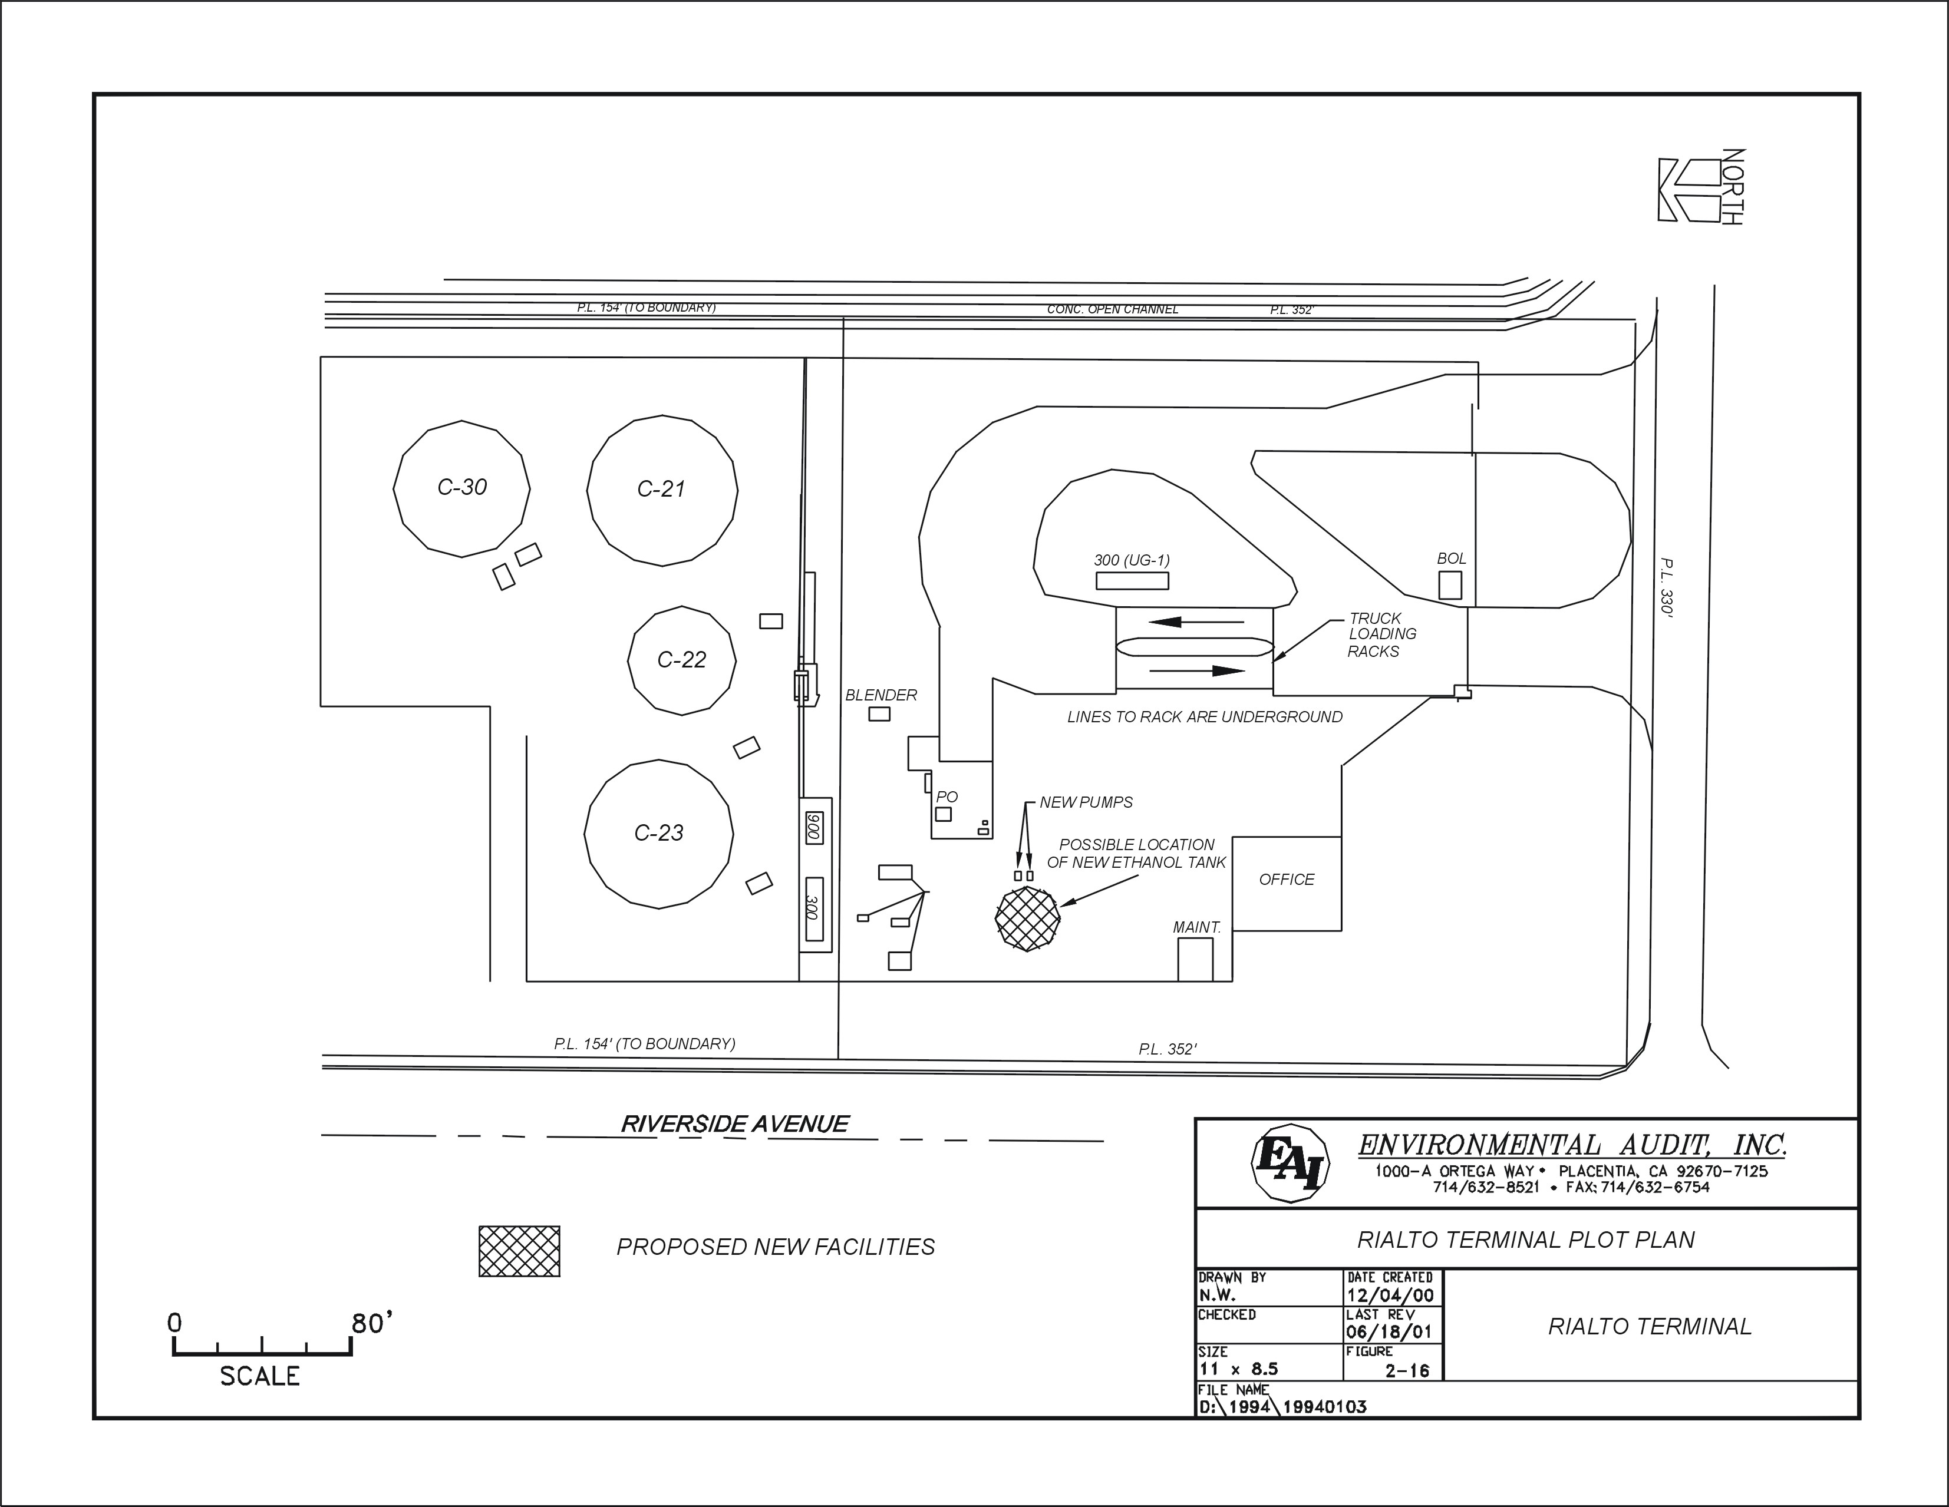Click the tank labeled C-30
click(462, 489)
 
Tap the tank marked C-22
click(682, 660)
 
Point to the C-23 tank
click(658, 834)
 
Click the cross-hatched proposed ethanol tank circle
click(1027, 919)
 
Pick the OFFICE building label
click(1286, 880)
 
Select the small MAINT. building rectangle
click(1195, 960)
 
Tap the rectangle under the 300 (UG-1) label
click(1132, 581)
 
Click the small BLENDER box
click(879, 714)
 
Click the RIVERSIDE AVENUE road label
click(734, 1124)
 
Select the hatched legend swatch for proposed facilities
click(519, 1251)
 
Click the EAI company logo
click(1291, 1164)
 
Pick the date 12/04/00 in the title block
click(1390, 1296)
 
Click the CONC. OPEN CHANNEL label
click(1112, 310)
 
